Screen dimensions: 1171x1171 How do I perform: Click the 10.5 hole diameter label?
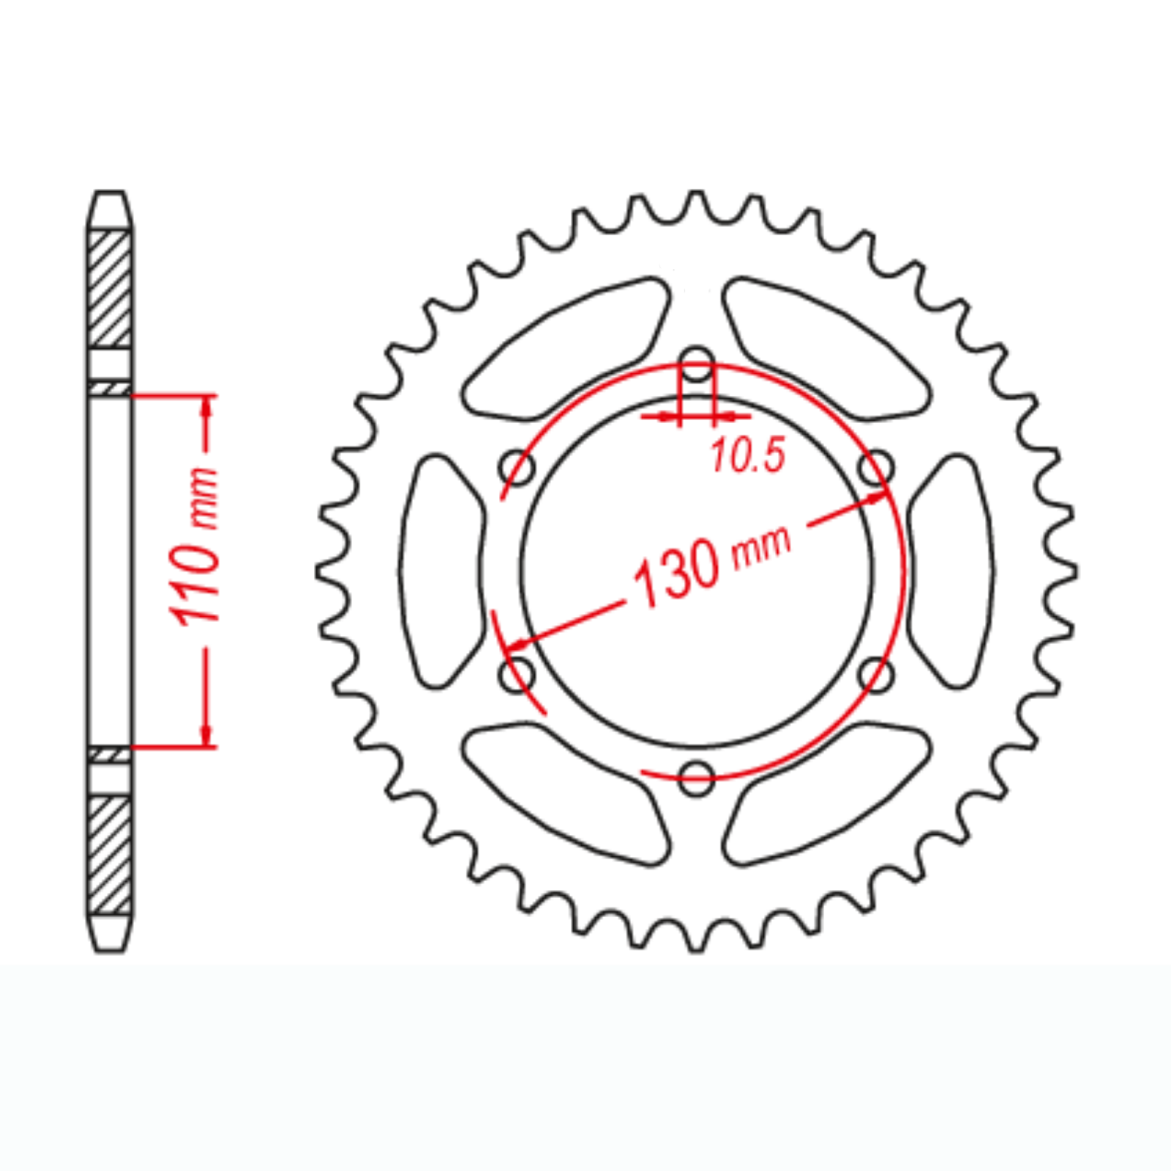point(747,455)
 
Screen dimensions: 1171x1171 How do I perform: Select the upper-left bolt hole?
point(517,468)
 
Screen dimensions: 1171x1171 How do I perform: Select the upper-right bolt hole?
point(875,468)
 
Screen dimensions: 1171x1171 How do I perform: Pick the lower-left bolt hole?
point(517,674)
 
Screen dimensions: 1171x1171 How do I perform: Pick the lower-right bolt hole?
point(875,674)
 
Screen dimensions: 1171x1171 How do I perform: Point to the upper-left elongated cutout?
point(567,348)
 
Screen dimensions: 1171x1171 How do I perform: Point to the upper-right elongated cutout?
point(826,348)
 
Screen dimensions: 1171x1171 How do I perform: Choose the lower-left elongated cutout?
point(567,794)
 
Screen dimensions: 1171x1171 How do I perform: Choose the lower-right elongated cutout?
point(826,794)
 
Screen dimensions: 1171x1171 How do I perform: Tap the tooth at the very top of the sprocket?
point(696,201)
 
